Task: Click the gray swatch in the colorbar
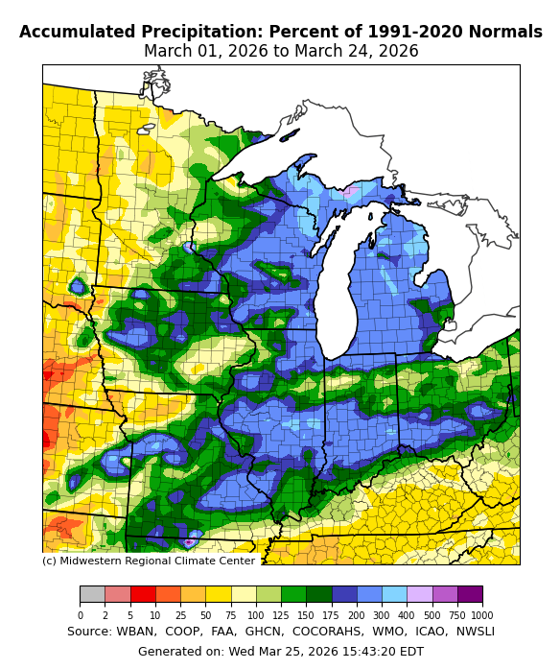[92, 594]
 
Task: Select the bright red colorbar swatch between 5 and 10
[143, 594]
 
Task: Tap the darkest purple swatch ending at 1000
[470, 594]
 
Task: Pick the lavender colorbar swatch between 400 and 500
[419, 594]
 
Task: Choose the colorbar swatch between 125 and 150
[293, 594]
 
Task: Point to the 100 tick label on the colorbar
[255, 615]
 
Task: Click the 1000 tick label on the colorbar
[482, 615]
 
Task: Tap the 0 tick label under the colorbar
[80, 615]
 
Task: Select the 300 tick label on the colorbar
[382, 615]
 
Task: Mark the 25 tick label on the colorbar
[180, 615]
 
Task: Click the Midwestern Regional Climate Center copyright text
[149, 561]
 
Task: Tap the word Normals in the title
[507, 32]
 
